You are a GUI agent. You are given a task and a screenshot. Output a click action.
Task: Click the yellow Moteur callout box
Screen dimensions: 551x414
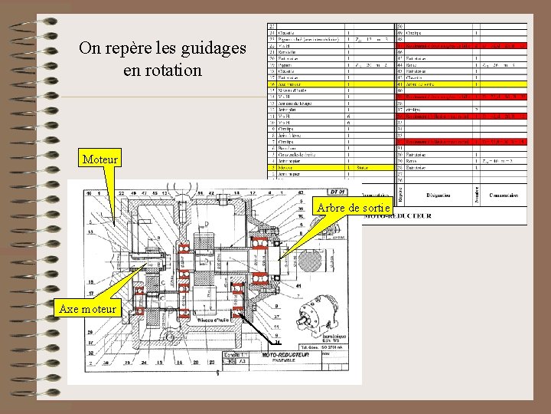pyautogui.click(x=100, y=159)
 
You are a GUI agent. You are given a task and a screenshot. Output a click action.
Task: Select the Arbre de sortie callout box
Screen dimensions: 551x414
pyautogui.click(x=353, y=207)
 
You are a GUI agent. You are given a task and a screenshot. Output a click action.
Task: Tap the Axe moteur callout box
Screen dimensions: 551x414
pyautogui.click(x=87, y=308)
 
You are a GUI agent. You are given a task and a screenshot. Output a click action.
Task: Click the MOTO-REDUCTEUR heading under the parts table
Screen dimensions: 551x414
pyautogui.click(x=398, y=215)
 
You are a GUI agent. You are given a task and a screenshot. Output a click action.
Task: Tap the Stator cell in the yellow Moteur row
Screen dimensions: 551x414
pyautogui.click(x=363, y=166)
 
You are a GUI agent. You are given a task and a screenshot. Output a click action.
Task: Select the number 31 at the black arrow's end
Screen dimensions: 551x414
pyautogui.click(x=278, y=341)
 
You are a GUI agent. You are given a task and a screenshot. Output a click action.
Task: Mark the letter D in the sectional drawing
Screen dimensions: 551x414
pyautogui.click(x=206, y=224)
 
